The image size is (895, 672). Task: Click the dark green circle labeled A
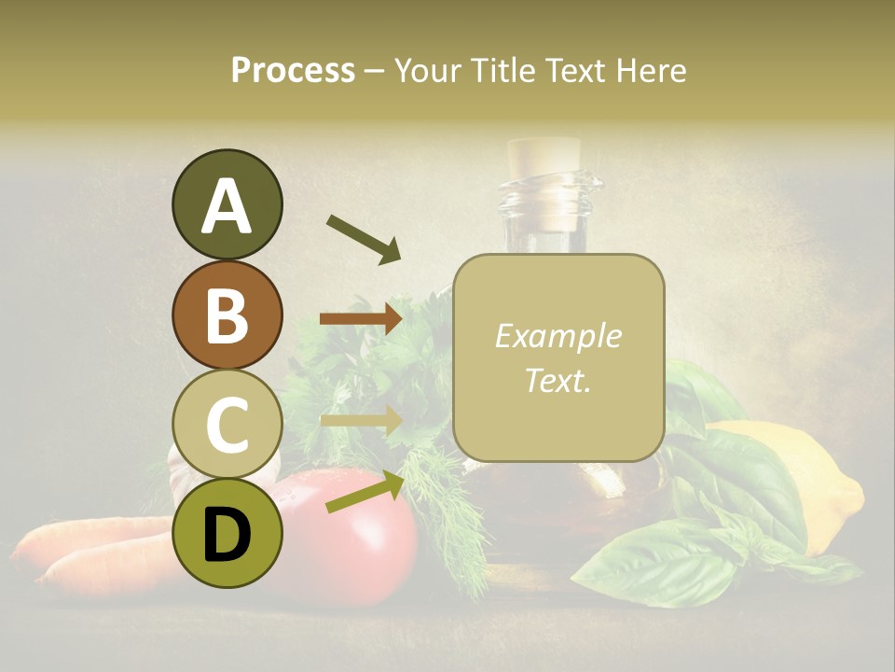pyautogui.click(x=227, y=205)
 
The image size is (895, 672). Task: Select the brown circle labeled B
pyautogui.click(x=227, y=315)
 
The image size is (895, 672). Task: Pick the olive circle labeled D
pyautogui.click(x=227, y=533)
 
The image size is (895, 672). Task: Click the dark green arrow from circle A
pyautogui.click(x=364, y=239)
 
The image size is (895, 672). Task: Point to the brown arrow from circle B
pyautogui.click(x=361, y=319)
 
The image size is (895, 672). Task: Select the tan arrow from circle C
pyautogui.click(x=361, y=419)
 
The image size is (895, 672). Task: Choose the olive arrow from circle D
pyautogui.click(x=365, y=492)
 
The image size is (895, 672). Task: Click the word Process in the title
pyautogui.click(x=293, y=70)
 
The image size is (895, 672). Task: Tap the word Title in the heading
pyautogui.click(x=502, y=70)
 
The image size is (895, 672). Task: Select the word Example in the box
pyautogui.click(x=558, y=337)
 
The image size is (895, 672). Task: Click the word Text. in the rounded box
pyautogui.click(x=558, y=380)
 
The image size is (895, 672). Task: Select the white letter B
pyautogui.click(x=227, y=315)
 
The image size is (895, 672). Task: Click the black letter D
pyautogui.click(x=227, y=534)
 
